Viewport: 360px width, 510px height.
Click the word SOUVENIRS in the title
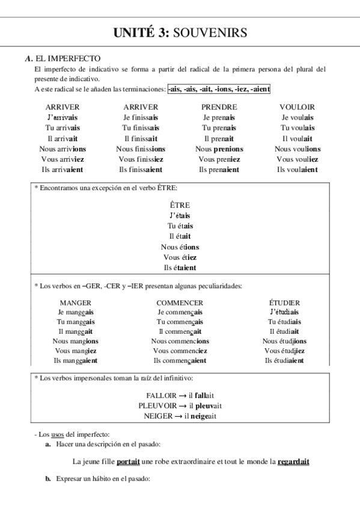[x=210, y=33]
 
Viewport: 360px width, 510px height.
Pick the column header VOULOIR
[x=297, y=107]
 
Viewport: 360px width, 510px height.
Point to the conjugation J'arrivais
[x=63, y=117]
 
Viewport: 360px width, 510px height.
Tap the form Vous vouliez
[x=297, y=159]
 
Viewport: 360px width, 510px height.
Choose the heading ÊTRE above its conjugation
[x=180, y=205]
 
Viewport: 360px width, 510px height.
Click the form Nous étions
[x=180, y=247]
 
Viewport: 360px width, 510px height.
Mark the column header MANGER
[x=76, y=303]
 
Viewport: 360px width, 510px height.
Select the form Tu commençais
[x=179, y=322]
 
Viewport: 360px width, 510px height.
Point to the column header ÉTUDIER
[x=284, y=303]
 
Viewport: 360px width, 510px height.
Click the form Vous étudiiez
[x=284, y=351]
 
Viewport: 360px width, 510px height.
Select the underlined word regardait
[x=294, y=462]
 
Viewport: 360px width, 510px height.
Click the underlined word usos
[x=58, y=434]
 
